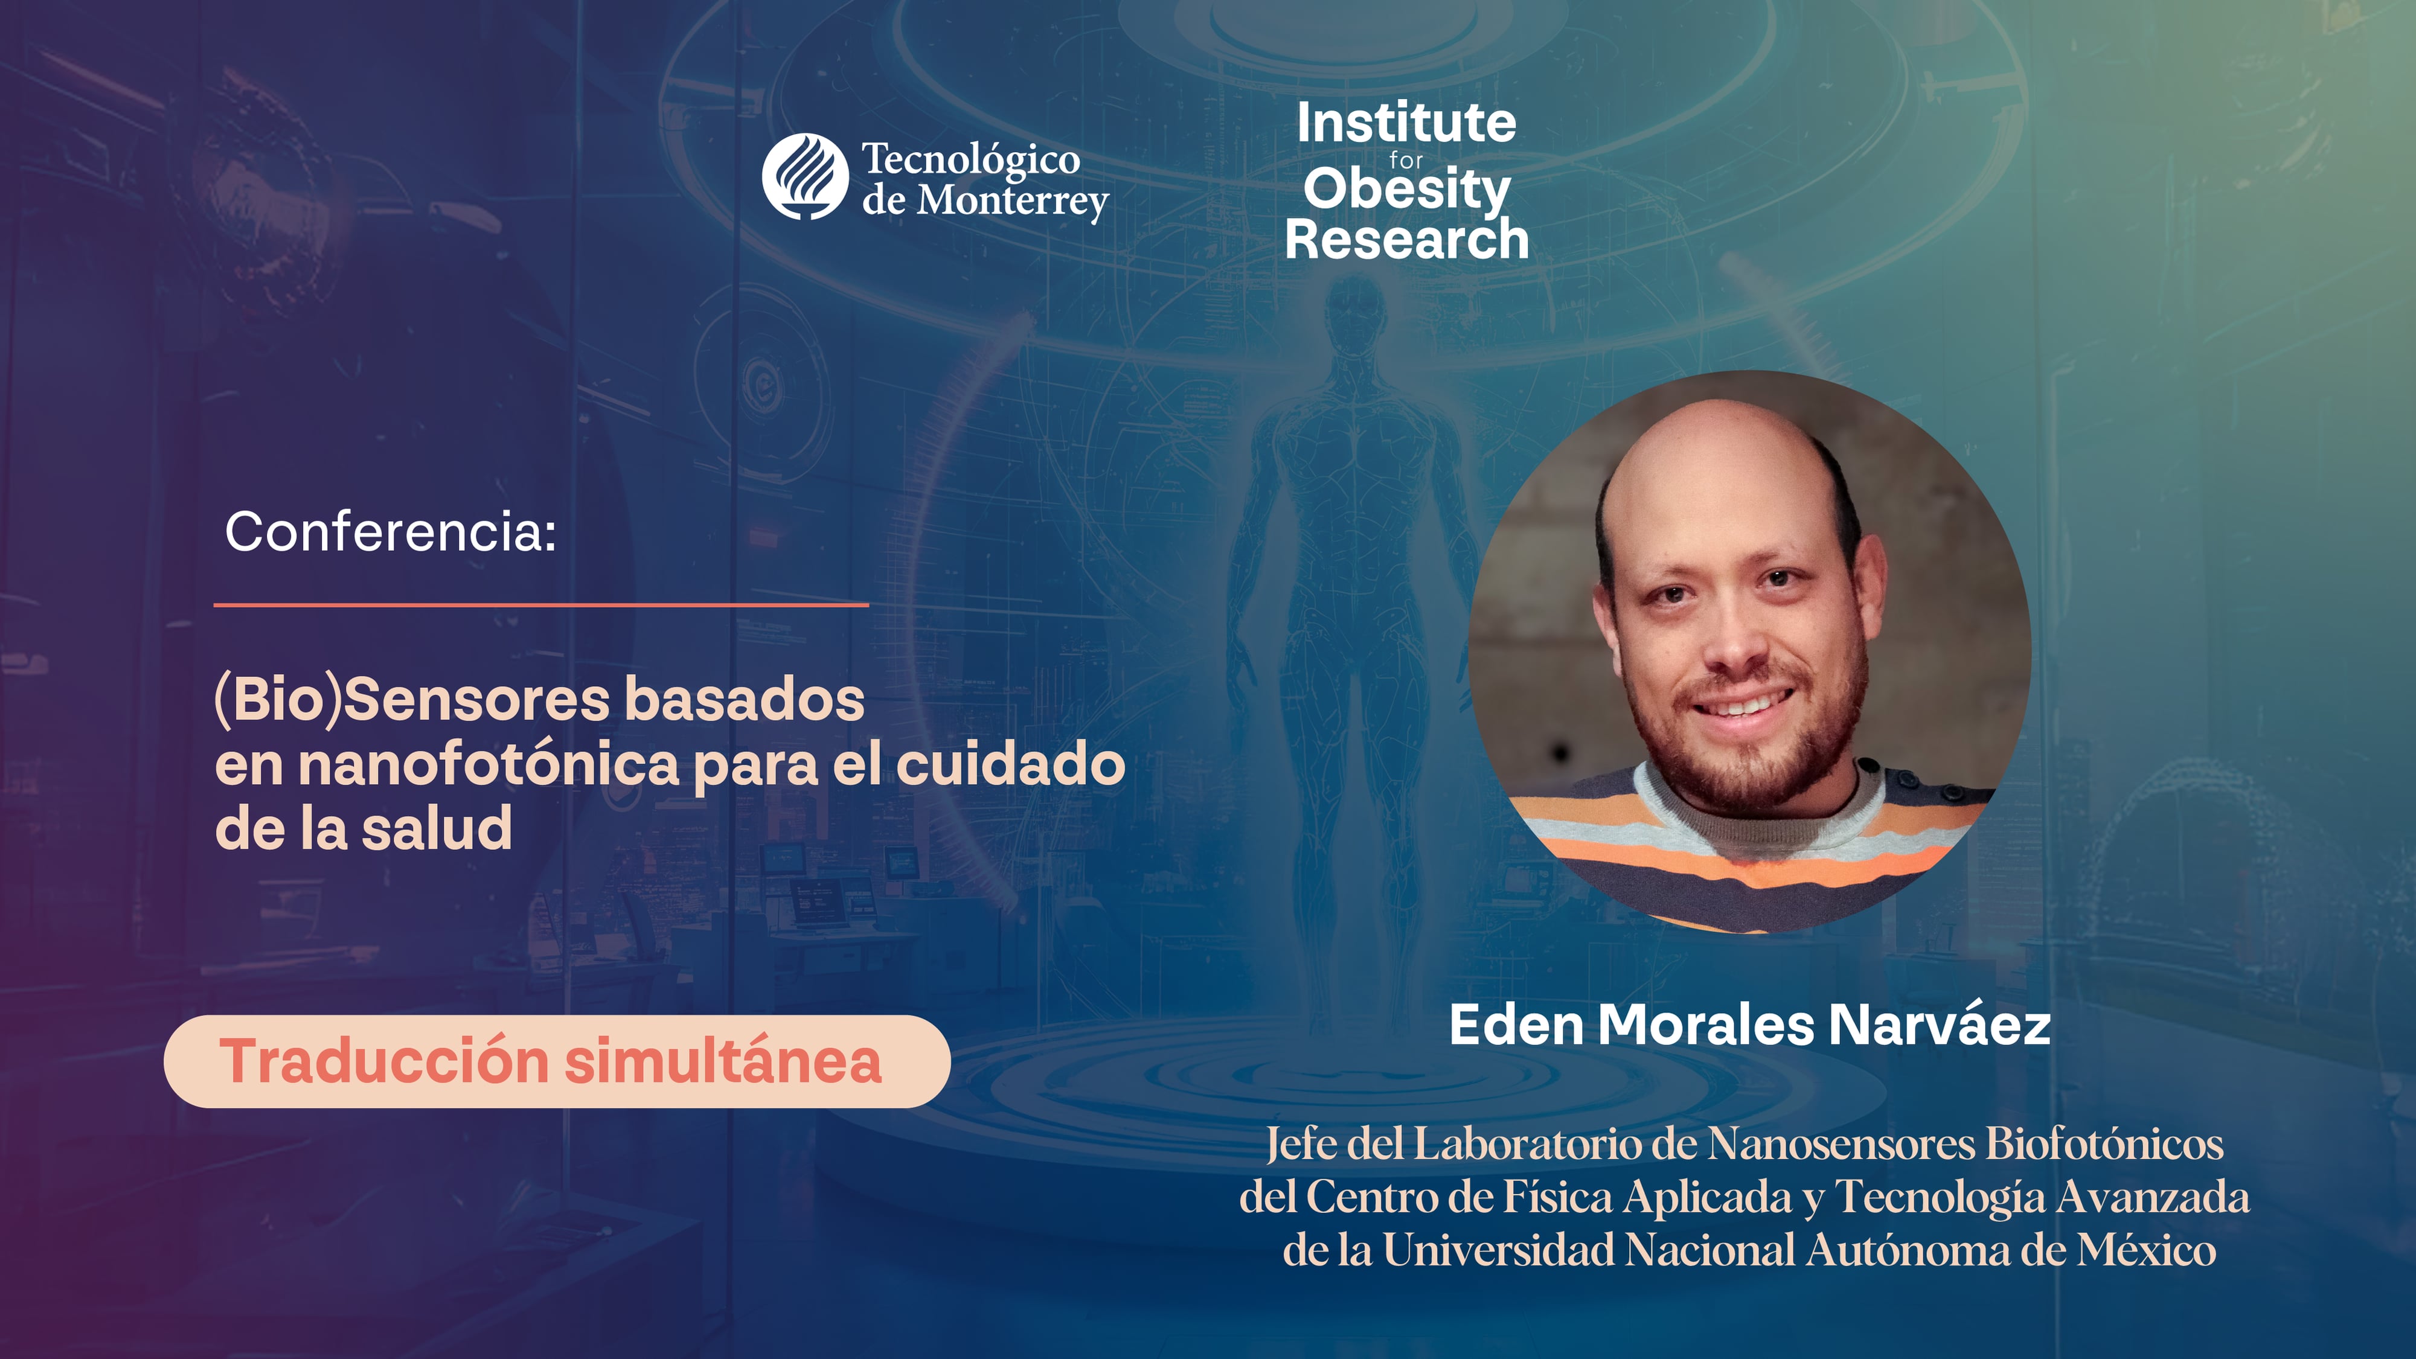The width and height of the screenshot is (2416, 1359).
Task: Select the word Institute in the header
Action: click(1406, 123)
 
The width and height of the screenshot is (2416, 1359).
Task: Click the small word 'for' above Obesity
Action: click(1406, 161)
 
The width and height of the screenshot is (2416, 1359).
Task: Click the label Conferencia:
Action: click(390, 532)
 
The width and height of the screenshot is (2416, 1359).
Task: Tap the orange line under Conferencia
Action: click(541, 605)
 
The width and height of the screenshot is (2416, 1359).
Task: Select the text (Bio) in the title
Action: click(278, 700)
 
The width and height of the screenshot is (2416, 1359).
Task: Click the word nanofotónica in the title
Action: click(488, 764)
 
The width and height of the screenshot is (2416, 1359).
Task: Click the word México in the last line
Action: click(2146, 1250)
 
